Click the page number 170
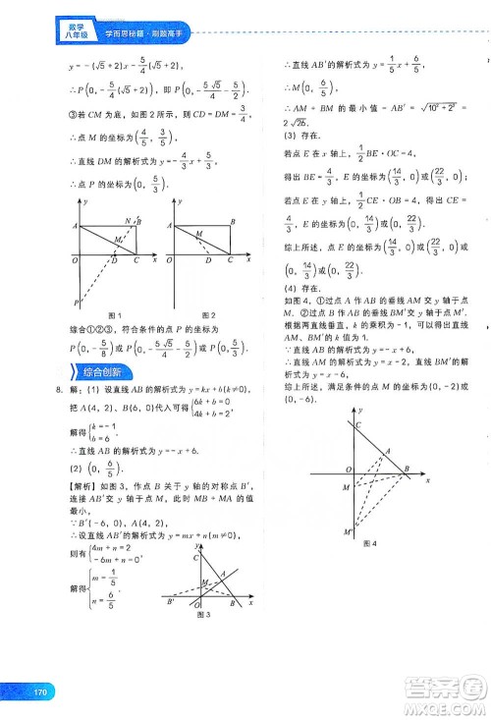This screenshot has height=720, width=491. [40, 692]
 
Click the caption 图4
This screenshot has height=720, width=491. [371, 542]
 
